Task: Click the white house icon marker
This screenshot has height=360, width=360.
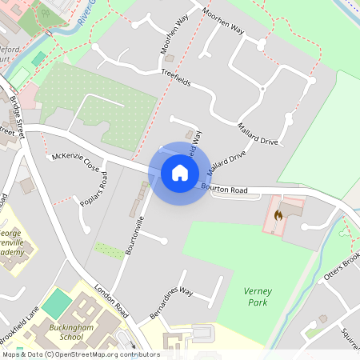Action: pyautogui.click(x=179, y=172)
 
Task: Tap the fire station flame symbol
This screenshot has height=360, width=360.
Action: pyautogui.click(x=278, y=214)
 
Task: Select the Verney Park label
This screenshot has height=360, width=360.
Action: pyautogui.click(x=257, y=298)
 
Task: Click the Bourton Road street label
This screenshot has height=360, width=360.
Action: pyautogui.click(x=225, y=189)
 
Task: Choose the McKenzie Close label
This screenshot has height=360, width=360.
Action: pyautogui.click(x=75, y=162)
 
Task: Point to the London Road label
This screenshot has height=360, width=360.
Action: pyautogui.click(x=111, y=299)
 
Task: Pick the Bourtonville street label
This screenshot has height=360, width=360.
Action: pyautogui.click(x=135, y=234)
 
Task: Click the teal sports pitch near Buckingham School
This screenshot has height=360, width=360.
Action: pyautogui.click(x=57, y=302)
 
